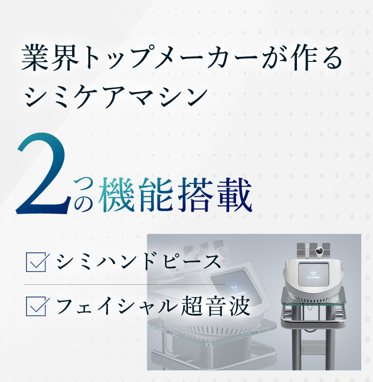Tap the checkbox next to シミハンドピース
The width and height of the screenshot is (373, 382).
36,262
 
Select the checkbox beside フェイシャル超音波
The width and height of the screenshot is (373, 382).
36,306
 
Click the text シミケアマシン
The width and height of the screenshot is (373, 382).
116,97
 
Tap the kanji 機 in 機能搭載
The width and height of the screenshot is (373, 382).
117,195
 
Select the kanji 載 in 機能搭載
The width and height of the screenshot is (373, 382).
234,195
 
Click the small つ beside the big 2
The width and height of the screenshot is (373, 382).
83,184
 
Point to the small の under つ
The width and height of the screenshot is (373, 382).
83,203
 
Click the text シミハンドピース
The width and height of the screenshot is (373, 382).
139,262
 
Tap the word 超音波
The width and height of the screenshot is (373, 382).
216,306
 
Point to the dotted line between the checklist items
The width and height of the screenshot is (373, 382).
125,284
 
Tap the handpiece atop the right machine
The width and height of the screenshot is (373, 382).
307,250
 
